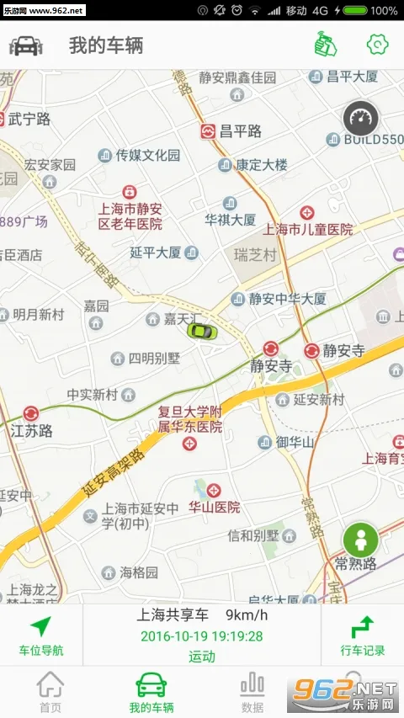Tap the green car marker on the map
201,330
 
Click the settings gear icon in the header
376,44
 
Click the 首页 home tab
50,692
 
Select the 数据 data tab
252,692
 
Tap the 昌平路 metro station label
240,131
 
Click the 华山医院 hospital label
214,508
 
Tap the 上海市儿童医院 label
308,228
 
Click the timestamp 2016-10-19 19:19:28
202,636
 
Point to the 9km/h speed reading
244,615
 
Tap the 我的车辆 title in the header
105,45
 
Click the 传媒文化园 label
148,155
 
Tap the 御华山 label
295,442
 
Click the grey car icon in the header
26,45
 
